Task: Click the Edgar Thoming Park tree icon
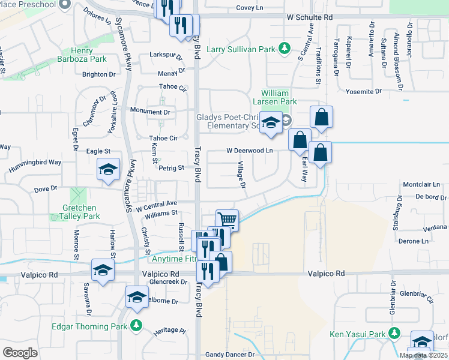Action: point(137,326)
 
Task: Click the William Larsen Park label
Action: point(276,98)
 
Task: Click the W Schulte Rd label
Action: point(309,19)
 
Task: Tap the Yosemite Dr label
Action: point(364,92)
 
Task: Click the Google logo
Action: point(19,353)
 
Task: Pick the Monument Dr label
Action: point(151,112)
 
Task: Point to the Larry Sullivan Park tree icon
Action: point(285,49)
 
